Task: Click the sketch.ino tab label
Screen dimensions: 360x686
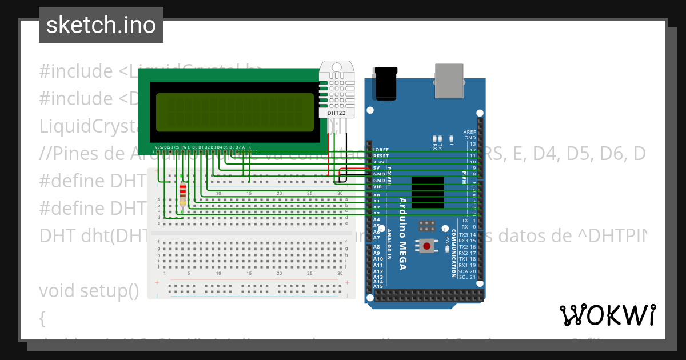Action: (101, 25)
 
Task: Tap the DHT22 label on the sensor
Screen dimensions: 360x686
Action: (336, 113)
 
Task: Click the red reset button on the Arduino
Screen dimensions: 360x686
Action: (426, 246)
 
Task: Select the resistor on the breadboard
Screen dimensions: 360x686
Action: (182, 194)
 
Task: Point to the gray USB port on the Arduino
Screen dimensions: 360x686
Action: (450, 79)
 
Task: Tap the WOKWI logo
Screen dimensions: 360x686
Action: (607, 315)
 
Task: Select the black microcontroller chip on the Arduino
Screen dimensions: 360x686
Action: (428, 195)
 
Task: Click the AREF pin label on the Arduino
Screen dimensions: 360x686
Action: (470, 131)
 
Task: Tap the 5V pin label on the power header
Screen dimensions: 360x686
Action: (377, 168)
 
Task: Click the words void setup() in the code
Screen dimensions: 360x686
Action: (89, 291)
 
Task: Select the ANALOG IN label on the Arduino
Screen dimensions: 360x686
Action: (389, 244)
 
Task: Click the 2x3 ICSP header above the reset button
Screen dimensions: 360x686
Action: (426, 226)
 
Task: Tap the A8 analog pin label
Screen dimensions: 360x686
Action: (377, 247)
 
